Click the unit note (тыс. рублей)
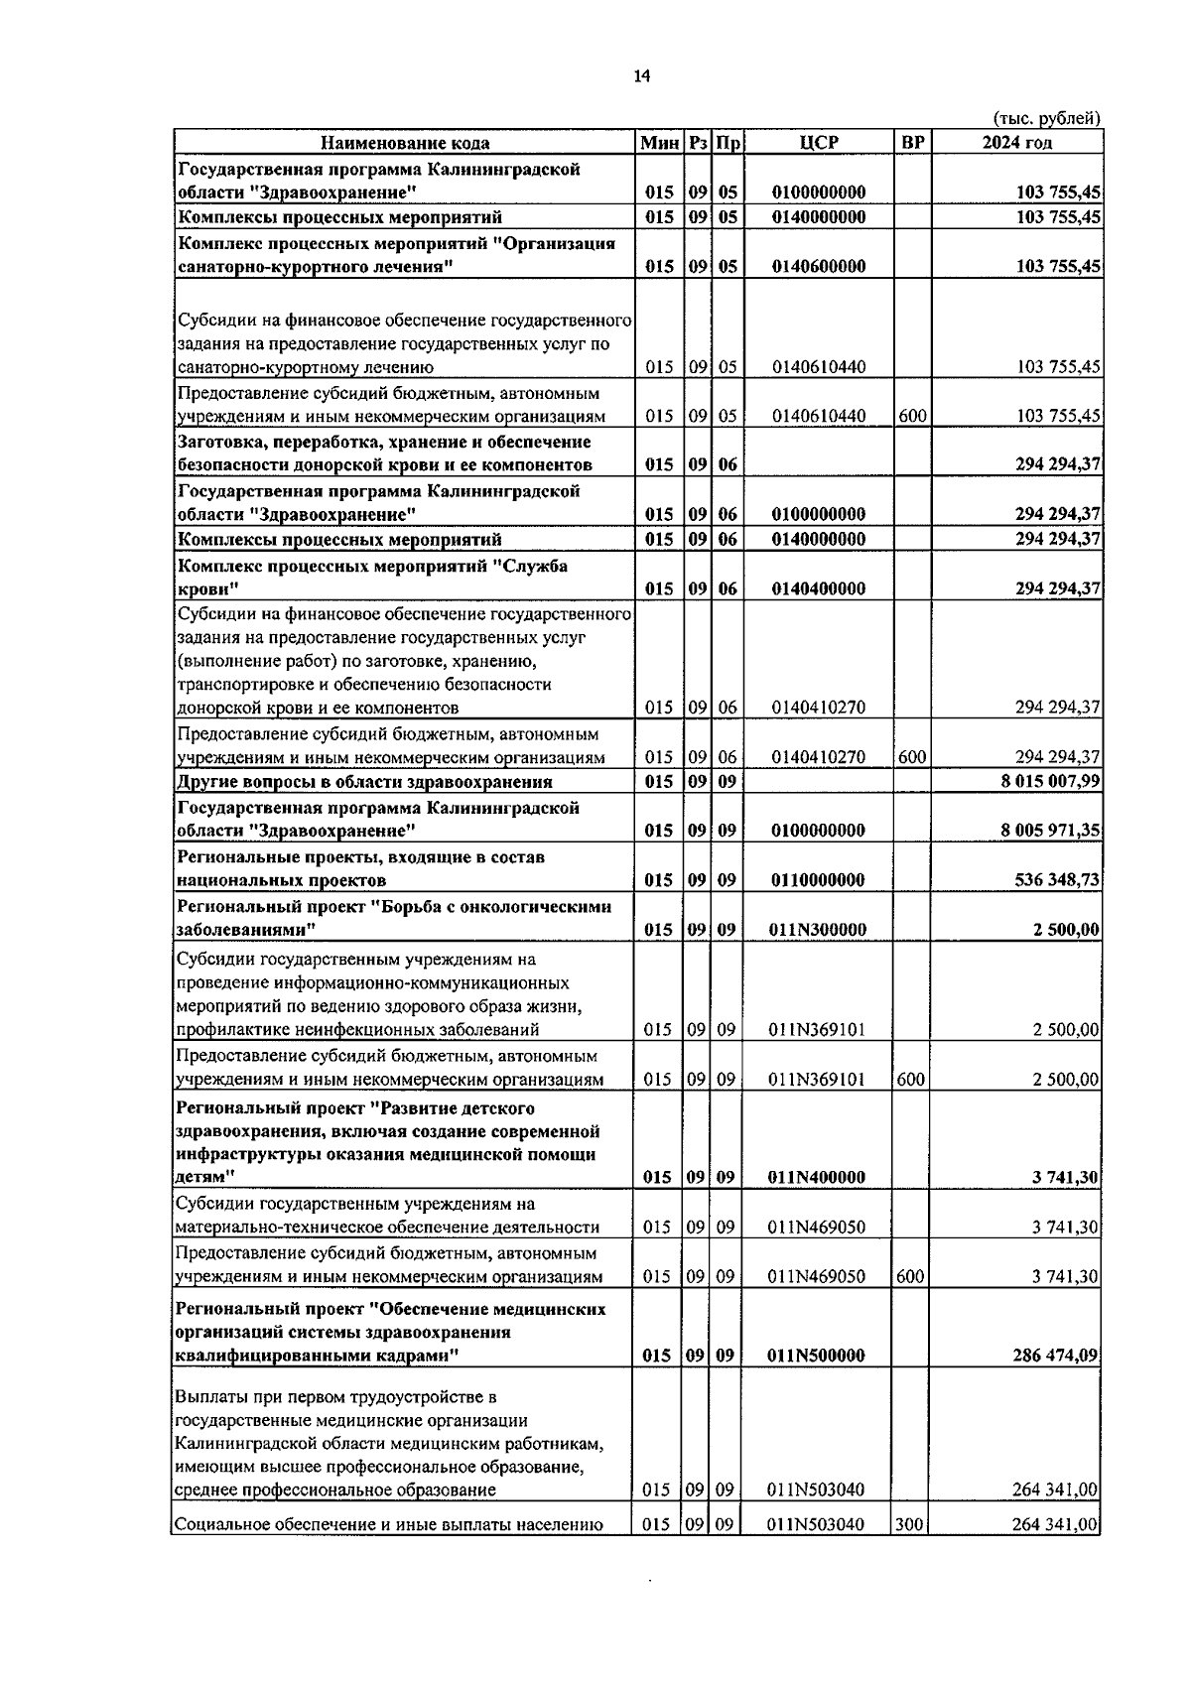pyautogui.click(x=1046, y=118)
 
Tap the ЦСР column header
pyautogui.click(x=818, y=143)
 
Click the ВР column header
pyautogui.click(x=912, y=143)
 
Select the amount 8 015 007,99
pyautogui.click(x=1050, y=781)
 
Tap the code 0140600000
pyautogui.click(x=818, y=266)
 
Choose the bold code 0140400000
pyautogui.click(x=818, y=588)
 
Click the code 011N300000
pyautogui.click(x=818, y=930)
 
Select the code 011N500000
pyautogui.click(x=818, y=1356)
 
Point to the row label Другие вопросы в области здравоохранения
pyautogui.click(x=364, y=782)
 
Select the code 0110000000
pyautogui.click(x=818, y=880)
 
